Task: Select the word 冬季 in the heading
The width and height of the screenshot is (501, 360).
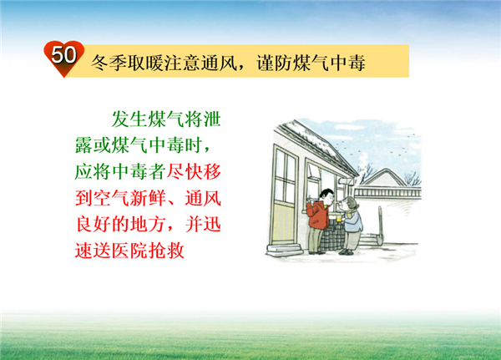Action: coord(109,63)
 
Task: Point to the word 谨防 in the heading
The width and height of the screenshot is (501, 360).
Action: coord(275,63)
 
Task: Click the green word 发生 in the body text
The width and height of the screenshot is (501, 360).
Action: coord(129,119)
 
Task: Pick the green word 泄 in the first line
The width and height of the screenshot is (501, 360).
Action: coord(212,119)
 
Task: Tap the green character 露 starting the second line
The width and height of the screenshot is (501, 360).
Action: coord(84,145)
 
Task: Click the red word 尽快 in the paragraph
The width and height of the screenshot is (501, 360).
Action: coord(185,172)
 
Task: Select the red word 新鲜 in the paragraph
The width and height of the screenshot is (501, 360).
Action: coord(148,198)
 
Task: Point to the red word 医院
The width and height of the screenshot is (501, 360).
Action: coord(129,251)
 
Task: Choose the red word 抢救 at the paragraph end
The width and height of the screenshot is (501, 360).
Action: coord(166,251)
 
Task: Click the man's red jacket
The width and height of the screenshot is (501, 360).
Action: coord(318,215)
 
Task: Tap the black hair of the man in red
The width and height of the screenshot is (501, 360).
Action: coord(326,193)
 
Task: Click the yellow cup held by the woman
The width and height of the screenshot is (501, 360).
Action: coord(339,219)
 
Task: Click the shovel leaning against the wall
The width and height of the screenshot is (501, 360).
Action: coord(380,226)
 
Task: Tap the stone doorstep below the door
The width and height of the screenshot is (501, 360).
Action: coord(285,250)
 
